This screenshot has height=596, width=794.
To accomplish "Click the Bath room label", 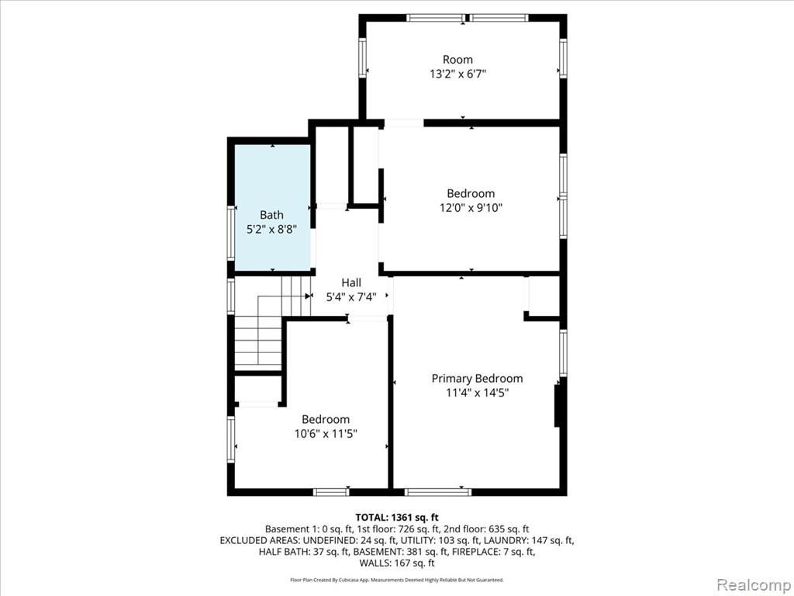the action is (x=271, y=215).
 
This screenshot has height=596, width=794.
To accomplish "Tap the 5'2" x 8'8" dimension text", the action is (x=271, y=230).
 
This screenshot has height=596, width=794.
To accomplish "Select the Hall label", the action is (x=351, y=282).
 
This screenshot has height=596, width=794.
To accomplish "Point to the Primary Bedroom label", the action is (x=477, y=379).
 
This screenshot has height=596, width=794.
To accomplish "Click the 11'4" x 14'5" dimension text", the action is (x=477, y=393).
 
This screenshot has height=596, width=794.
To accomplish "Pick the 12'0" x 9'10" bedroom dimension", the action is (x=471, y=208).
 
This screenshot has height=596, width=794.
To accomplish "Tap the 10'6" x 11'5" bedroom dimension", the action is (x=326, y=434).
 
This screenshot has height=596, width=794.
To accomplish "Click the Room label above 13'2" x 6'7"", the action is (x=457, y=59).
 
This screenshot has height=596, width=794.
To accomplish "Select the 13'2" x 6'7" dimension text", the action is (x=457, y=74).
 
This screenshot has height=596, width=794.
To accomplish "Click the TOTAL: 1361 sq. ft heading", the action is (x=397, y=518).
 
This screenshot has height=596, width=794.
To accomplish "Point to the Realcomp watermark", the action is (x=753, y=584).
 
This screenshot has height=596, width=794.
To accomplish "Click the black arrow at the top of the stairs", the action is (x=309, y=296).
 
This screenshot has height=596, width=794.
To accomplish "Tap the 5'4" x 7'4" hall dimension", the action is (x=351, y=297).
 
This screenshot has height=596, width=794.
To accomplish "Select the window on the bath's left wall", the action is (x=231, y=233).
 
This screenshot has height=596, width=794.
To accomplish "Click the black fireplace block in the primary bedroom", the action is (x=557, y=405).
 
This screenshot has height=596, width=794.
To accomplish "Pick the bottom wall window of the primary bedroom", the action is (x=438, y=491).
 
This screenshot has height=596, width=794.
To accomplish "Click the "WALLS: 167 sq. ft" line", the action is (x=397, y=563).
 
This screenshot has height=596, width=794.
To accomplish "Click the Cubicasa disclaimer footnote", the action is (x=397, y=580).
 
